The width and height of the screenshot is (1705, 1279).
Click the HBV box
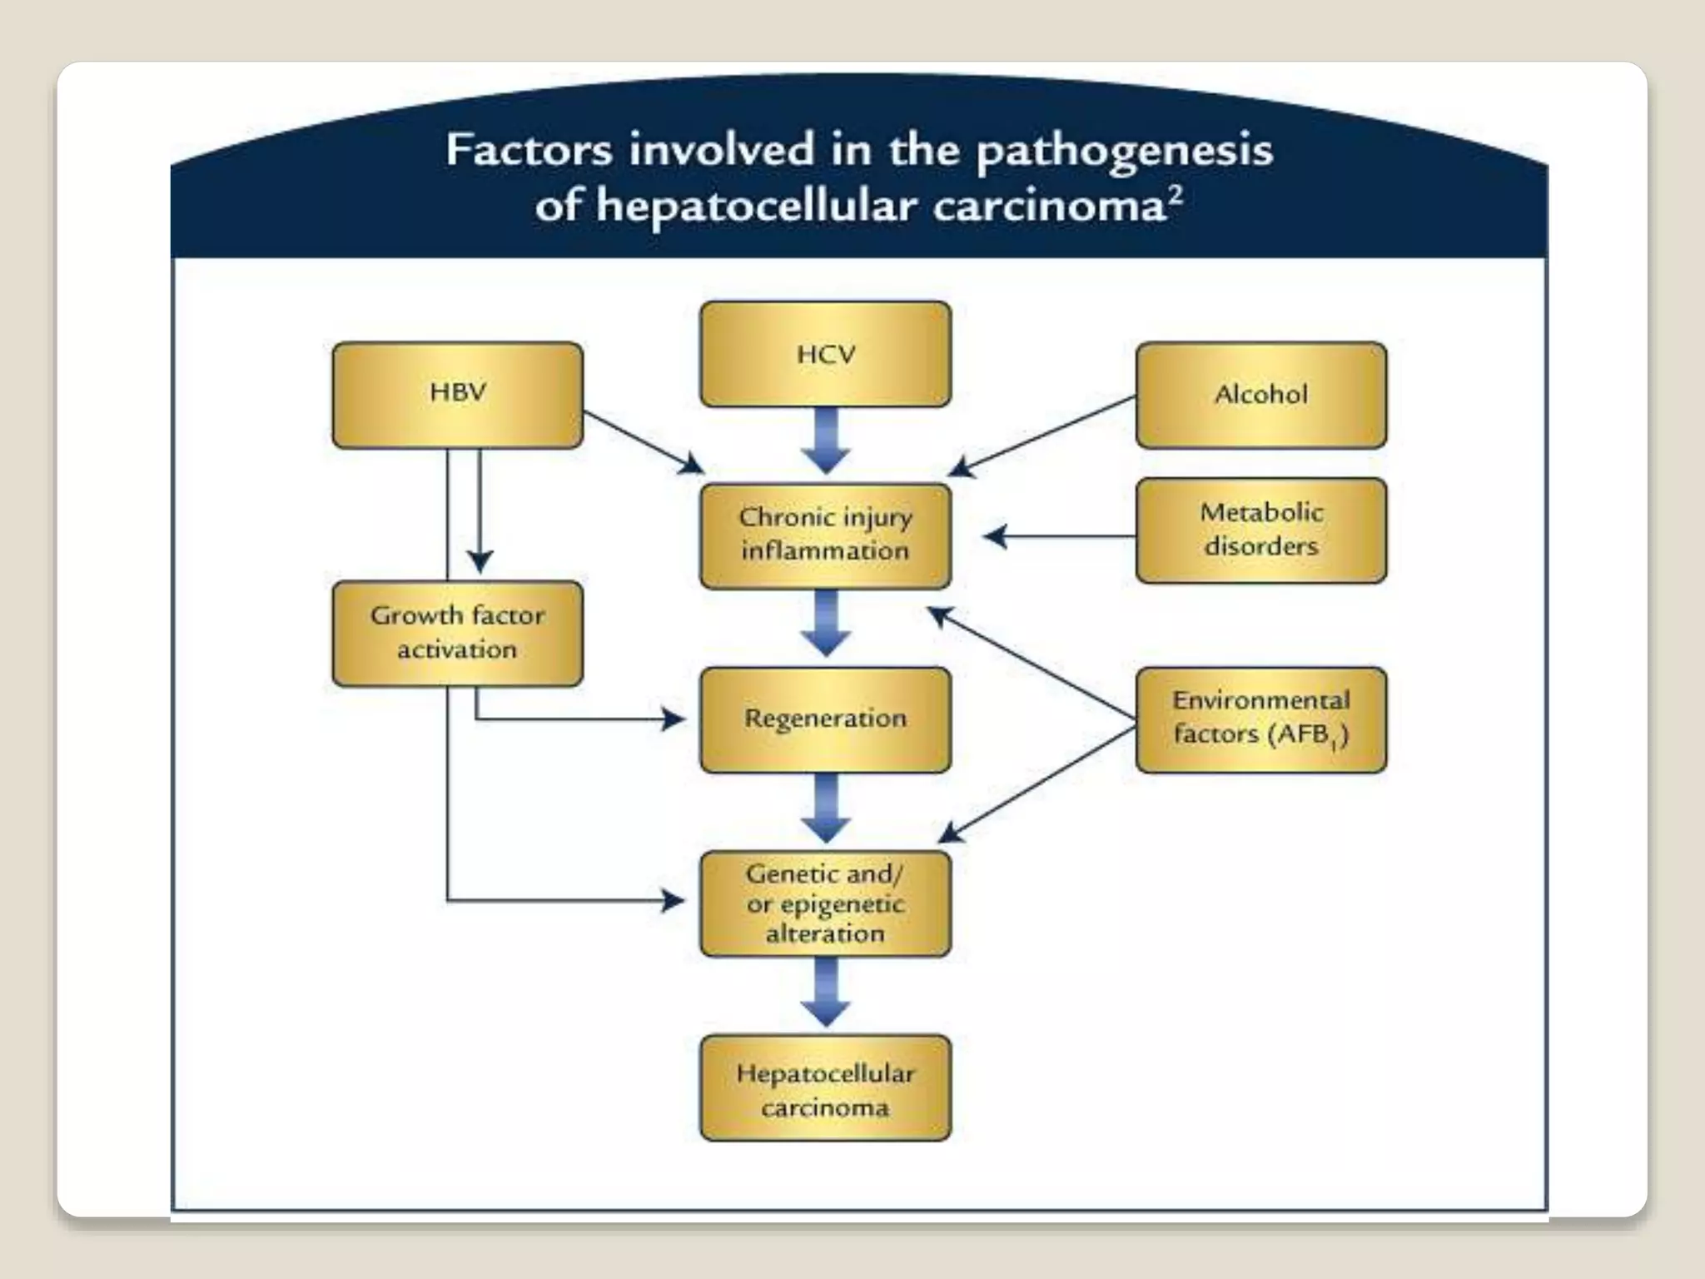[457, 395]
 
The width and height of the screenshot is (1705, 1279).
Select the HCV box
[825, 354]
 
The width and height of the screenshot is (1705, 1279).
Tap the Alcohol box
[1260, 395]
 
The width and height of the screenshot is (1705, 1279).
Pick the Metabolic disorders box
[1260, 530]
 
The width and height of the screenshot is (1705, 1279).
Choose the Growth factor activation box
[457, 634]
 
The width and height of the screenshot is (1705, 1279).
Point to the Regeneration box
[825, 719]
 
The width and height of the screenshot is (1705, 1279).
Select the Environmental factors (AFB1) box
[1260, 719]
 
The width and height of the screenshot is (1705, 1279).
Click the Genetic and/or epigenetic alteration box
[825, 903]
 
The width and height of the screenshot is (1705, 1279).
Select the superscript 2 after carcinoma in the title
[1175, 197]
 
